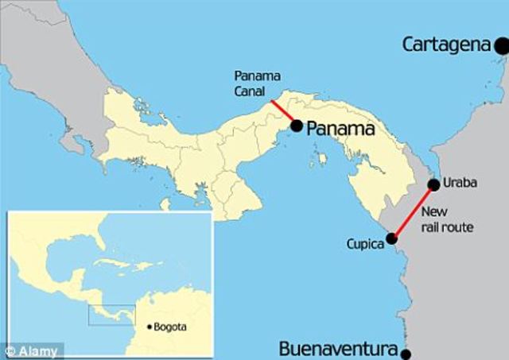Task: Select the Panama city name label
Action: click(x=340, y=127)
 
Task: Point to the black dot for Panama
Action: click(x=296, y=126)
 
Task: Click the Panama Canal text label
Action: click(x=254, y=83)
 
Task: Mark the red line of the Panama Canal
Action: click(x=283, y=112)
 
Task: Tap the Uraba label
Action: click(x=459, y=184)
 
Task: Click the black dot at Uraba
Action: click(x=433, y=185)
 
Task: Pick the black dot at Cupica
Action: click(x=391, y=238)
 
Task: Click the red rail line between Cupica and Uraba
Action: click(x=413, y=211)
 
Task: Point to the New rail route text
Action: click(x=446, y=219)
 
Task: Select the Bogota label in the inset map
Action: click(x=173, y=327)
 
